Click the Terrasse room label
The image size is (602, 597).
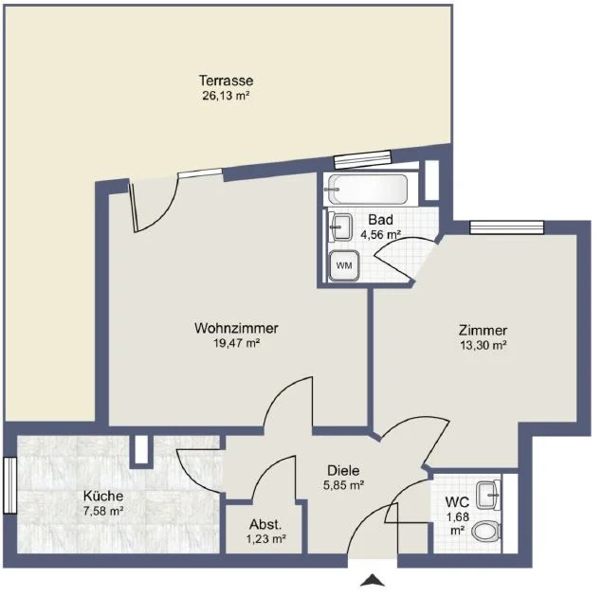click(227, 81)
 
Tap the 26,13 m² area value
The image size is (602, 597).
click(227, 96)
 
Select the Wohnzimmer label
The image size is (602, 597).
click(236, 328)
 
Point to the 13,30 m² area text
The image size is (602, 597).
click(483, 345)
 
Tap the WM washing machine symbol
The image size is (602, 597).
click(344, 265)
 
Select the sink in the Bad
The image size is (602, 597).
click(340, 227)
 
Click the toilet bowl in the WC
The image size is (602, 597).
click(485, 532)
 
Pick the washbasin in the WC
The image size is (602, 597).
click(488, 495)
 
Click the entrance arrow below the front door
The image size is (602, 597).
click(372, 580)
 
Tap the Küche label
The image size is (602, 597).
click(103, 496)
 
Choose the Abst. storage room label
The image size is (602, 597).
click(265, 524)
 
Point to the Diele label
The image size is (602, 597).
click(343, 470)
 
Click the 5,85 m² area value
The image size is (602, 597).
click(343, 485)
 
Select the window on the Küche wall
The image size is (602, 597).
click(10, 485)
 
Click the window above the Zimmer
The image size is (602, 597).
click(507, 227)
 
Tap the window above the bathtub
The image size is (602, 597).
click(362, 159)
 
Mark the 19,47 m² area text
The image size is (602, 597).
click(236, 343)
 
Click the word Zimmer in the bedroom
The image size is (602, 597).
click(483, 331)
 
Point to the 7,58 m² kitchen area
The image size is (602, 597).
click(103, 511)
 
